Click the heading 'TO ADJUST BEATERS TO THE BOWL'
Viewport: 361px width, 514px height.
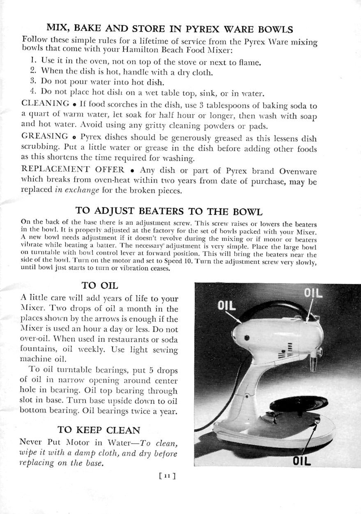coord(169,212)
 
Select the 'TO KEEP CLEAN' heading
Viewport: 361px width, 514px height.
coord(99,430)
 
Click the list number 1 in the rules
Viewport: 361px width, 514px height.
coord(33,62)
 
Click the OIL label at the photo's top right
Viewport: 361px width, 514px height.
coord(313,293)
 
